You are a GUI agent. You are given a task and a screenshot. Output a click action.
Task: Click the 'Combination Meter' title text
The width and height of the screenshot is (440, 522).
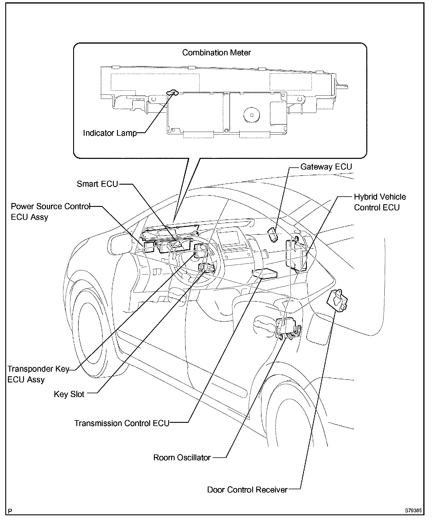click(216, 53)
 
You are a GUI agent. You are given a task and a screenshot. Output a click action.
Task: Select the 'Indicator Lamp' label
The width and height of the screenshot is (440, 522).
click(110, 133)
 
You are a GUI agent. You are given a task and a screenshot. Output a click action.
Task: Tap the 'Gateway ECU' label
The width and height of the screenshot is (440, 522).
click(326, 167)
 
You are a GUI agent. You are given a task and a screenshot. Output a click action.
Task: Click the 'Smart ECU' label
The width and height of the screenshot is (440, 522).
click(97, 184)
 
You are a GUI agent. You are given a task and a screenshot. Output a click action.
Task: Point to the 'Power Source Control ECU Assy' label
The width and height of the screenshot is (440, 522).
click(50, 212)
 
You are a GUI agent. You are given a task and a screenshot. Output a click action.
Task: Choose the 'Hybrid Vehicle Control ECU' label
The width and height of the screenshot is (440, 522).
click(380, 202)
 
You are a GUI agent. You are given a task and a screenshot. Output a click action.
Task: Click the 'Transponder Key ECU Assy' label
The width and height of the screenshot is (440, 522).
click(38, 374)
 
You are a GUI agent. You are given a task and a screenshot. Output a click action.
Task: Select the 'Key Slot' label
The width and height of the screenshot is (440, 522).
click(69, 394)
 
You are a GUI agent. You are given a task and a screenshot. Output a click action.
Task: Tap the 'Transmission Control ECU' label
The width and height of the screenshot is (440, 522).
click(122, 423)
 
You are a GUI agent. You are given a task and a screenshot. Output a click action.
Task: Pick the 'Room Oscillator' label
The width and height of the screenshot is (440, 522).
click(182, 458)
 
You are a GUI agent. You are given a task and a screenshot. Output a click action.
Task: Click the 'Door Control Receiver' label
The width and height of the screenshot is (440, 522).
click(247, 490)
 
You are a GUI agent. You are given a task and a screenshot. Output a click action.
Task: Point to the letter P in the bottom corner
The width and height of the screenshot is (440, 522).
click(10, 511)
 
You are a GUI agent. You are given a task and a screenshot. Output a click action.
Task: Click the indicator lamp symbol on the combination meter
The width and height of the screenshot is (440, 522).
click(172, 93)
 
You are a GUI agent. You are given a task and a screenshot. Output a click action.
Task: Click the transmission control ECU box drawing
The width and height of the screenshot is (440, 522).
click(265, 273)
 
